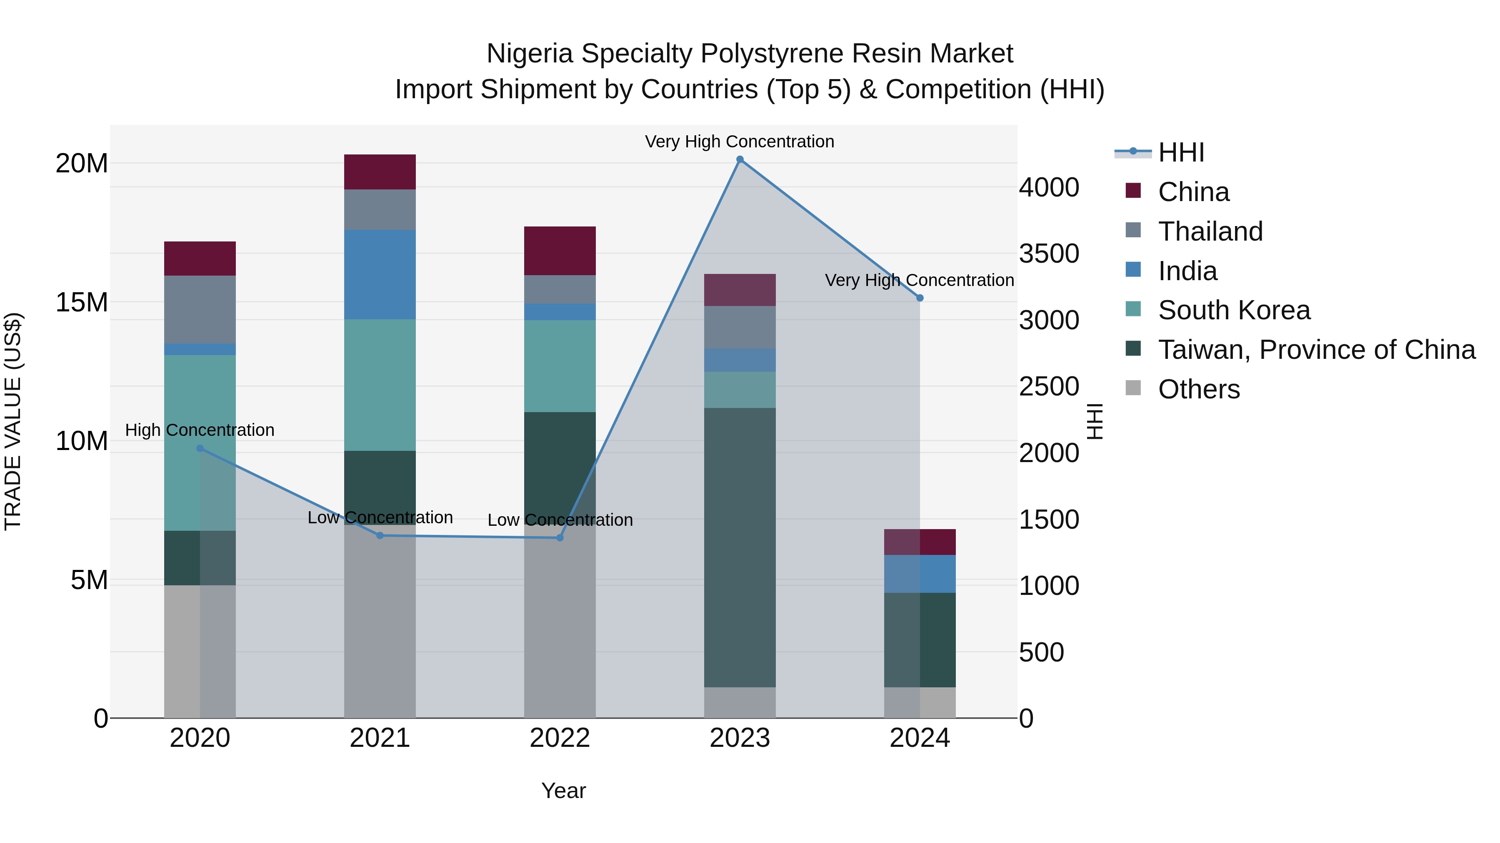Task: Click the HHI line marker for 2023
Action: (x=740, y=159)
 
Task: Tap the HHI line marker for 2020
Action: (x=200, y=448)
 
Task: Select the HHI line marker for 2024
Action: (x=920, y=298)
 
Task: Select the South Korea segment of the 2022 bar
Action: (x=560, y=366)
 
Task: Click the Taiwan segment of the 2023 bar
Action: (x=740, y=547)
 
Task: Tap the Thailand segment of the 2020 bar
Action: (x=200, y=309)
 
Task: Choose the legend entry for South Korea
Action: (x=1233, y=310)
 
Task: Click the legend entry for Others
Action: (x=1198, y=389)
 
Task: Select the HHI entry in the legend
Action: (x=1180, y=152)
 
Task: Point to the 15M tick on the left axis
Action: (x=82, y=302)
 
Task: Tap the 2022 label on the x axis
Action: (x=560, y=738)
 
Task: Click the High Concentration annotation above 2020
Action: (x=200, y=430)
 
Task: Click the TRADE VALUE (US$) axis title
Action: (x=13, y=421)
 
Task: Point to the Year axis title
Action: (x=563, y=791)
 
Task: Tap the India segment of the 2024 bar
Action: (x=920, y=574)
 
